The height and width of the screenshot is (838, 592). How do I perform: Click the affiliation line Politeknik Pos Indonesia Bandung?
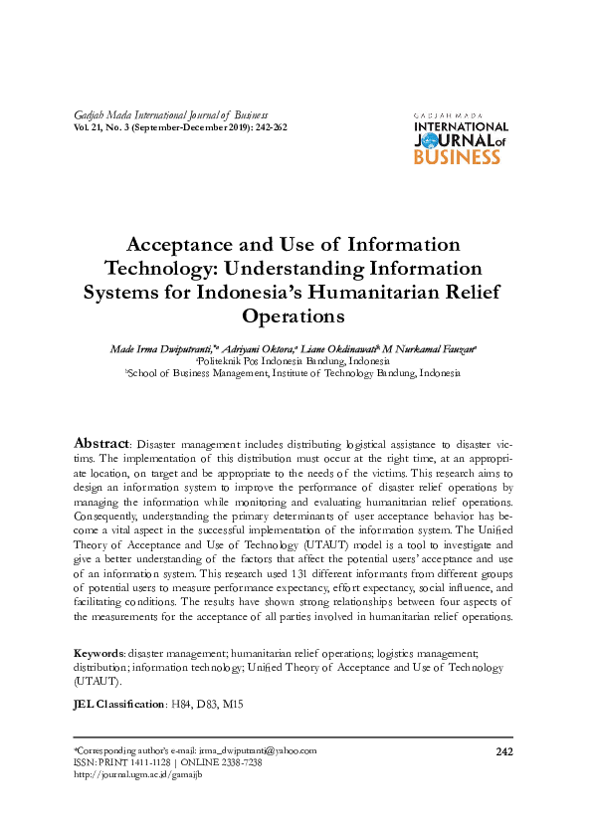pyautogui.click(x=293, y=361)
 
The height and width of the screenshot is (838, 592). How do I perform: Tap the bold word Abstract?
pyautogui.click(x=102, y=442)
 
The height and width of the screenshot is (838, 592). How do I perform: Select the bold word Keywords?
pyautogui.click(x=99, y=653)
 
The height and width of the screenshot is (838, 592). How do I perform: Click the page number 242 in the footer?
pyautogui.click(x=503, y=750)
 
